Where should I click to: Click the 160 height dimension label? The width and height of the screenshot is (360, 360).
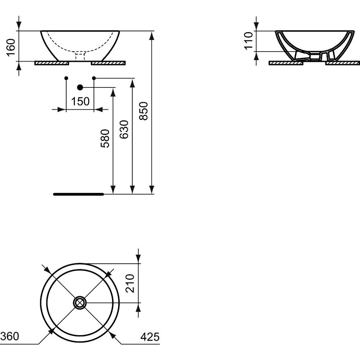[11, 47]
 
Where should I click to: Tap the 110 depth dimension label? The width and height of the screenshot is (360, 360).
[248, 41]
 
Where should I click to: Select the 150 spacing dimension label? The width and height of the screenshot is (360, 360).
[80, 101]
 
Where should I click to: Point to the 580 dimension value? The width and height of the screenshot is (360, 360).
[105, 139]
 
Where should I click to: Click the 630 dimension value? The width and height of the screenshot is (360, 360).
[124, 129]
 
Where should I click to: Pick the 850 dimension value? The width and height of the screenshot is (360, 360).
[144, 111]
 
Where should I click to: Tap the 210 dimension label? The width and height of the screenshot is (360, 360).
[130, 283]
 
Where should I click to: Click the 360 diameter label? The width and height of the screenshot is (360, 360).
[10, 336]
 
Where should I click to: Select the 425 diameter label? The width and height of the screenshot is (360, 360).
[150, 337]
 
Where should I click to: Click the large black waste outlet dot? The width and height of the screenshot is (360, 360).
[80, 87]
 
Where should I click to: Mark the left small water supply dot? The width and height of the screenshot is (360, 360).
[66, 78]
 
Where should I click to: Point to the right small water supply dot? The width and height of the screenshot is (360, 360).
[94, 78]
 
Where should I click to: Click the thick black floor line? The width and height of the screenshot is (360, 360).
[78, 194]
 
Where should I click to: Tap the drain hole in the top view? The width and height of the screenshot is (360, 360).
[80, 303]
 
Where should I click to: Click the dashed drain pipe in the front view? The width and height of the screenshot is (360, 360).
[80, 56]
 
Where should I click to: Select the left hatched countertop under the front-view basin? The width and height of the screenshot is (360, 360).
[51, 63]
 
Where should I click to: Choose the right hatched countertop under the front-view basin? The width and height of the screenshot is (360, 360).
[108, 63]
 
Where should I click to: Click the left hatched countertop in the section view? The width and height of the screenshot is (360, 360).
[286, 63]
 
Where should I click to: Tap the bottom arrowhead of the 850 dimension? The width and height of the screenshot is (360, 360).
[151, 189]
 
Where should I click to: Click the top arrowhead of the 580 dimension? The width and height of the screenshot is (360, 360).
[113, 92]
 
